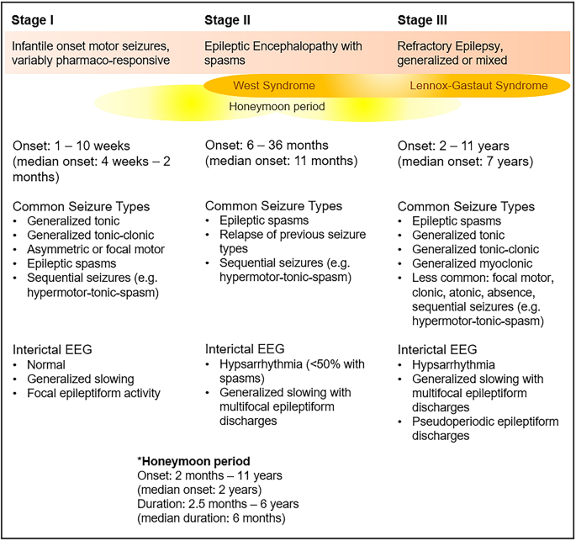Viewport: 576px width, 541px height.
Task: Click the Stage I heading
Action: point(33,20)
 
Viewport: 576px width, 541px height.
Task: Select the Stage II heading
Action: point(227,20)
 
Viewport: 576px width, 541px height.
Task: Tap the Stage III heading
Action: point(422,20)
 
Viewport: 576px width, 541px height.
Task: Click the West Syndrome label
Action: point(274,86)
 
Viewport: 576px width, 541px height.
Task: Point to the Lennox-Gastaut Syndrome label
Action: point(478,86)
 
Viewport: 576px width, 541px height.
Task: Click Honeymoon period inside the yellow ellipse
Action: point(277,107)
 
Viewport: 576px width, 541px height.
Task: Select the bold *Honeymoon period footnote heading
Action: point(193,461)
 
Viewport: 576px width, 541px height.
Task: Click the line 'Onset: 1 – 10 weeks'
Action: point(71,146)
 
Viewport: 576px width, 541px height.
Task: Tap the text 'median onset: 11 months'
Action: point(282,161)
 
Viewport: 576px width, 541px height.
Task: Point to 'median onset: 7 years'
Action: point(466,162)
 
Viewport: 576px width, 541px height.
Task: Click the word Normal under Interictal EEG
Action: point(46,364)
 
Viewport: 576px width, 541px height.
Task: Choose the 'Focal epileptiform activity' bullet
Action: point(93,393)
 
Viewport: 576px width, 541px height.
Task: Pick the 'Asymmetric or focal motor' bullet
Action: point(96,249)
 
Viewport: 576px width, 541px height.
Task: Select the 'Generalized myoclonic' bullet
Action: point(472,263)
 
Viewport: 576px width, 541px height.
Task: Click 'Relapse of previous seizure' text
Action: point(293,235)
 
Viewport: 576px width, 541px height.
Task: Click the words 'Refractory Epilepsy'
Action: point(450,46)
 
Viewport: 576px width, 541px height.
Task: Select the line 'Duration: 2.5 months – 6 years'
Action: point(218,504)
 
